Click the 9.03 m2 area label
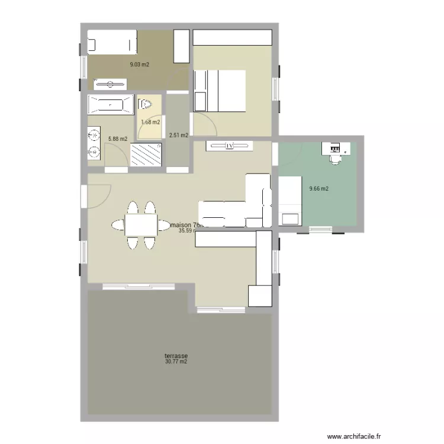point(140,65)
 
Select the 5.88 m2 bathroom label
point(117,139)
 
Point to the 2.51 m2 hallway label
point(178,135)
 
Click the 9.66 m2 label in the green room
point(318,189)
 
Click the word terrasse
point(176,356)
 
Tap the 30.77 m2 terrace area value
point(176,362)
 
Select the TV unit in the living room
point(229,146)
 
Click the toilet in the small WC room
point(145,105)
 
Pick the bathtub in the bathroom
point(111,106)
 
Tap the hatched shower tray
point(145,155)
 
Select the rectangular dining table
point(140,225)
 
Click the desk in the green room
point(335,147)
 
